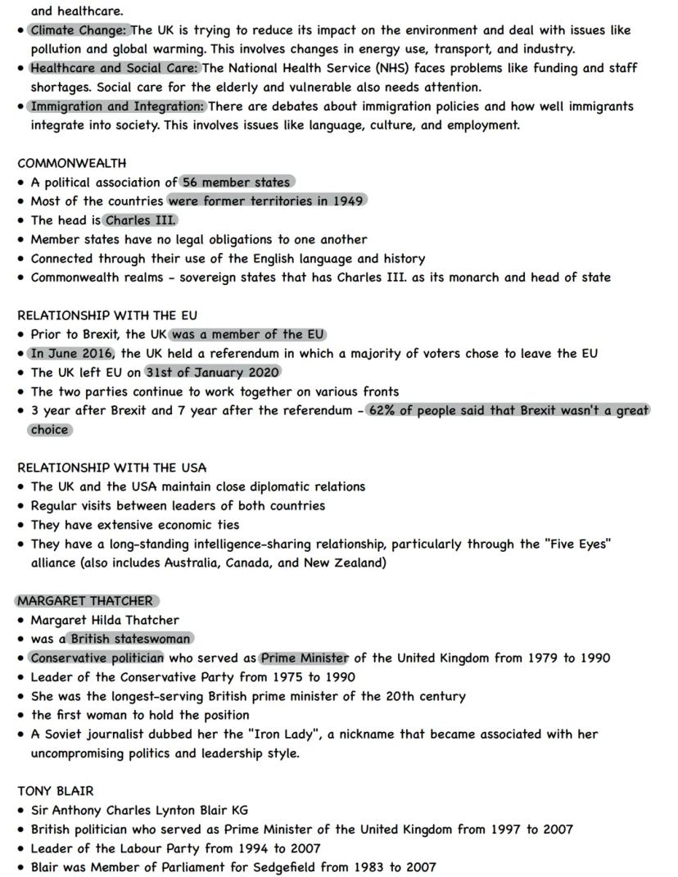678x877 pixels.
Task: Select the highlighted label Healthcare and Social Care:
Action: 115,68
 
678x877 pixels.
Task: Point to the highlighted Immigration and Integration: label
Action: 117,106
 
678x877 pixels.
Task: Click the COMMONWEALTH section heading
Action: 72,163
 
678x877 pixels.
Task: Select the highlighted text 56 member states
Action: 236,183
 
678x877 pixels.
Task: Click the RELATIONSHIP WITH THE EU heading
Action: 107,315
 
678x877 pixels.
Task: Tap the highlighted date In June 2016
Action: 71,354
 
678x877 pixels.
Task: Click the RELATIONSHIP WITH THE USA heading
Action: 111,468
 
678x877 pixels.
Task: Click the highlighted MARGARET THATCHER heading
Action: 85,601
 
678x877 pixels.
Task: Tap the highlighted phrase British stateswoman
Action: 130,639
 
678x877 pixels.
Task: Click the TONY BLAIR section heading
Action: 56,791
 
